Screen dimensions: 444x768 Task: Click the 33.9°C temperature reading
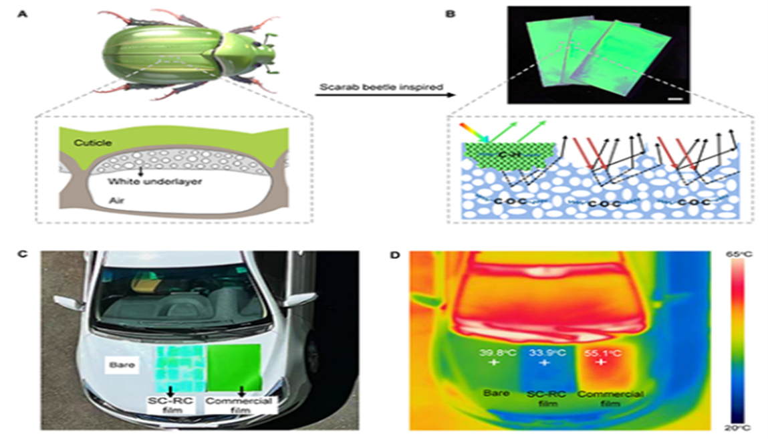coord(545,352)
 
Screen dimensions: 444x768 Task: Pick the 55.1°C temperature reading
coord(601,352)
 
